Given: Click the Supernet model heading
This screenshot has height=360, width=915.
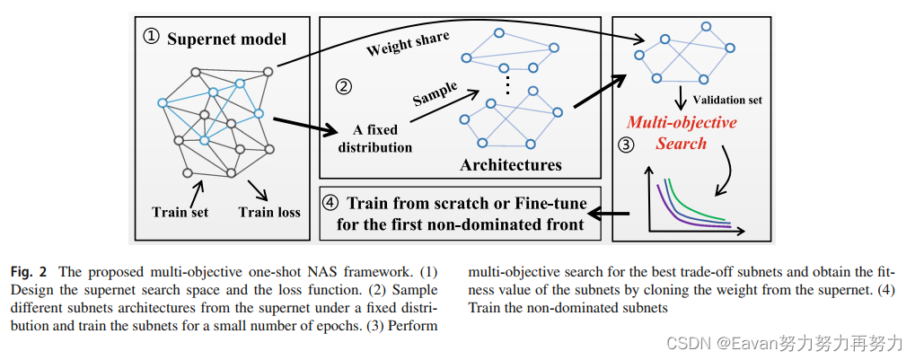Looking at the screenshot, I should pyautogui.click(x=228, y=39).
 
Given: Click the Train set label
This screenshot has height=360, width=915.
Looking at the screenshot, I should pyautogui.click(x=180, y=212).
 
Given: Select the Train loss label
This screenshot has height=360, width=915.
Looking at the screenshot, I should pyautogui.click(x=269, y=212).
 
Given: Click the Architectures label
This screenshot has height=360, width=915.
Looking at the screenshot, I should pyautogui.click(x=510, y=164).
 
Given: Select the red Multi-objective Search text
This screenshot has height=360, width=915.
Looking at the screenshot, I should pyautogui.click(x=681, y=132).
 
